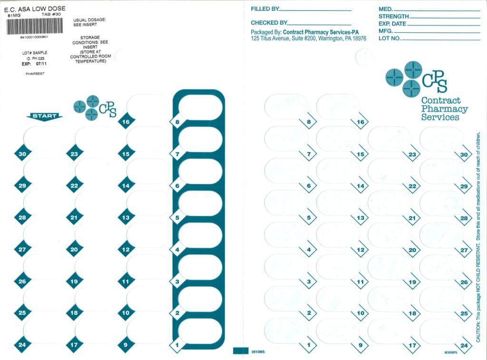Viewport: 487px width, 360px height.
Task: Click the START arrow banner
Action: [45, 116]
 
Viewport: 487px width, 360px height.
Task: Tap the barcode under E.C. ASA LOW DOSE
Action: [35, 26]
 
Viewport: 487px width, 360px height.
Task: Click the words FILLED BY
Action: [265, 9]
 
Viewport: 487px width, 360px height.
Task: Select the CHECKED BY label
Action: [269, 23]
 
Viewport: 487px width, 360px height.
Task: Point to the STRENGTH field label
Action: [394, 17]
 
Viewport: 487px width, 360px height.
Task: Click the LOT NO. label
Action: [390, 38]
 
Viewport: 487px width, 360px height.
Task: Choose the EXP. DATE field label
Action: [393, 24]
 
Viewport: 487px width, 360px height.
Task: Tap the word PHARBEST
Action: [35, 74]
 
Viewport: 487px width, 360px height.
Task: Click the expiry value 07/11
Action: [41, 63]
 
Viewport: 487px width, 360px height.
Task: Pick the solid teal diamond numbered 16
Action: [126, 122]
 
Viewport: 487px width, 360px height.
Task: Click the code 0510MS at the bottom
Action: [258, 351]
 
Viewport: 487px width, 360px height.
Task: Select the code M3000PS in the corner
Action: [450, 353]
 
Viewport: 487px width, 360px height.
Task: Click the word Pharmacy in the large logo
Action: [444, 109]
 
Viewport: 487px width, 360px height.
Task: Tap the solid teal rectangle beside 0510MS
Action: [241, 351]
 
